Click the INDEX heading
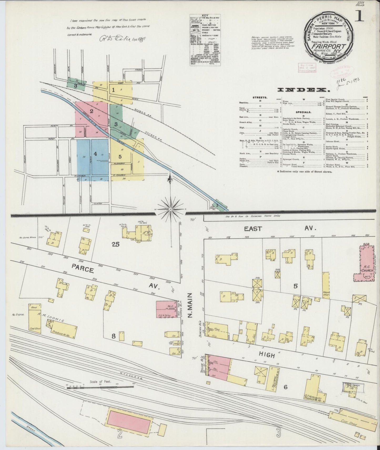(x=303, y=90)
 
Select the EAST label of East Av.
(x=253, y=229)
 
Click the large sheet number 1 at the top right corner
(x=359, y=17)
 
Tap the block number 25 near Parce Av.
(x=115, y=244)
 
